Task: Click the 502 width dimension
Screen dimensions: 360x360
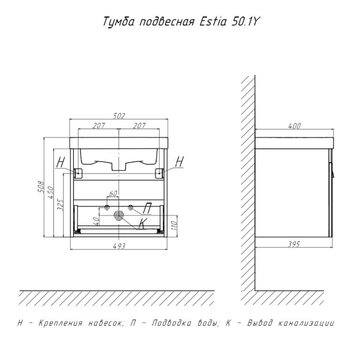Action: click(x=119, y=116)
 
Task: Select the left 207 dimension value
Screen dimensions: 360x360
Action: click(x=99, y=126)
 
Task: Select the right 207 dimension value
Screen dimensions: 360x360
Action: click(x=139, y=125)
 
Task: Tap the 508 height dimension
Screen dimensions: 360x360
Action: click(x=41, y=187)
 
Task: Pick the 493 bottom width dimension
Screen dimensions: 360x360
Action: click(x=119, y=246)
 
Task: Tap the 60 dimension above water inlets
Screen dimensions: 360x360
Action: click(x=113, y=194)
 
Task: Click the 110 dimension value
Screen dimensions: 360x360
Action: click(x=174, y=226)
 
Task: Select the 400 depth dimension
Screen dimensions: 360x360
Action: click(x=294, y=126)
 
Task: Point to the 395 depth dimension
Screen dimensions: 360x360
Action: click(x=294, y=244)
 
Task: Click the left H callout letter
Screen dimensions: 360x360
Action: click(x=61, y=162)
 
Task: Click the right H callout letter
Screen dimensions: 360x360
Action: click(x=179, y=161)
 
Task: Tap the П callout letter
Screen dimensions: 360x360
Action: click(x=147, y=208)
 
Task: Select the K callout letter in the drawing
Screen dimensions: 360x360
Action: click(x=143, y=223)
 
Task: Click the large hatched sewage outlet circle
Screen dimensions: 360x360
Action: click(x=119, y=215)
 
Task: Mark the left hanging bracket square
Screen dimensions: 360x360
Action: click(x=78, y=173)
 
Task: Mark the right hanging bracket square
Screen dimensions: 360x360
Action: click(x=160, y=173)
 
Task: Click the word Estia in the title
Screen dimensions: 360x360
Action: click(x=213, y=22)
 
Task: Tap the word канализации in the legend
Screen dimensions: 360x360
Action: click(x=306, y=323)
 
